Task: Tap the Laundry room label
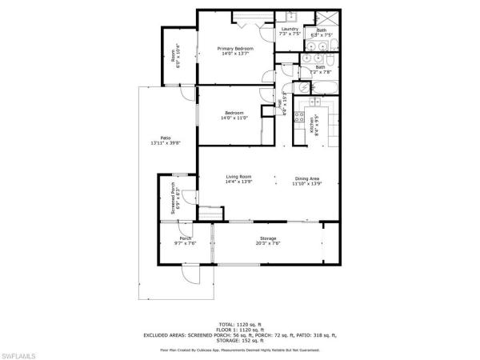tap(289, 30)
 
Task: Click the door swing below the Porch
tap(190, 276)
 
